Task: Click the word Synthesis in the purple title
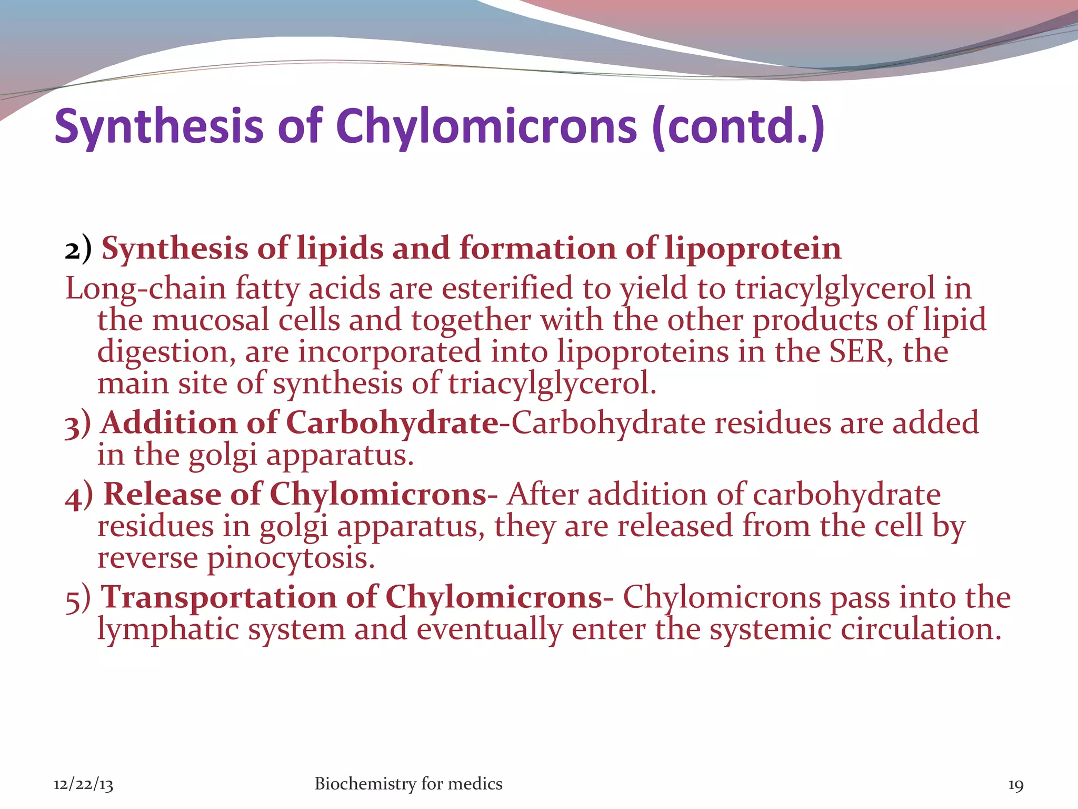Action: pyautogui.click(x=158, y=126)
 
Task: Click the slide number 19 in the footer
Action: pyautogui.click(x=1015, y=785)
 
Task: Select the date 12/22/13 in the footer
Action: pyautogui.click(x=83, y=785)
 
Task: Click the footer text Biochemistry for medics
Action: pyautogui.click(x=408, y=784)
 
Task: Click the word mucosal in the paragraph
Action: pyautogui.click(x=211, y=320)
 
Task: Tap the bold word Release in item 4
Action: pyautogui.click(x=162, y=495)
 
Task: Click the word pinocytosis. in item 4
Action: pyautogui.click(x=291, y=558)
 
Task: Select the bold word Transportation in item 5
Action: pyautogui.click(x=218, y=598)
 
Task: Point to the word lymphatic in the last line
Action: pyautogui.click(x=168, y=629)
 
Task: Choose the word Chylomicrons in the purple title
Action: pyautogui.click(x=487, y=126)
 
